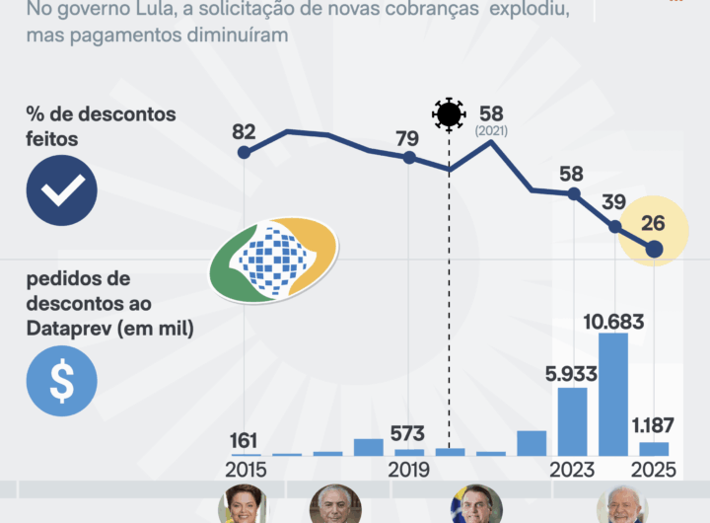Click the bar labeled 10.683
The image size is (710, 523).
click(613, 394)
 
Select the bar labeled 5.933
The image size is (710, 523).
click(573, 421)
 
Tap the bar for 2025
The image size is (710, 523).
click(653, 449)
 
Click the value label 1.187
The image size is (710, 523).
click(653, 426)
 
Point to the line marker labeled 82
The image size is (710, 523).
click(245, 152)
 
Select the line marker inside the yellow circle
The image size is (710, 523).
click(653, 250)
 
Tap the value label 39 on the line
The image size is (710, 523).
click(613, 202)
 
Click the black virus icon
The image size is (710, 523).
click(449, 114)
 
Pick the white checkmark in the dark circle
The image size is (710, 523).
click(61, 190)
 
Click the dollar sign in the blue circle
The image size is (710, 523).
click(61, 381)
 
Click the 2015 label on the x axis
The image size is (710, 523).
click(245, 470)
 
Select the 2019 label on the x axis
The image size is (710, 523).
click(408, 470)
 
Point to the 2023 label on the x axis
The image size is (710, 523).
click(573, 470)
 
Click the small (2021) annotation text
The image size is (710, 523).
click(491, 130)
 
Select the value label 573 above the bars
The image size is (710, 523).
click(408, 435)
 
